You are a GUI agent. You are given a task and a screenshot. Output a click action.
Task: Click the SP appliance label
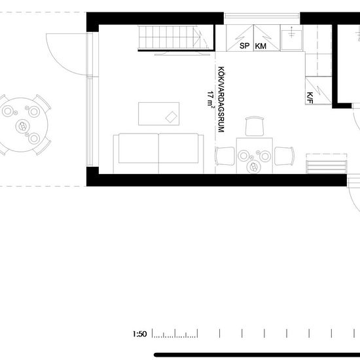(x=245, y=46)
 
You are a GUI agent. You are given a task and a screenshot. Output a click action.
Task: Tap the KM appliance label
(x=261, y=46)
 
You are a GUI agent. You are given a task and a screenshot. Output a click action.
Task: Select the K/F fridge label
(x=310, y=98)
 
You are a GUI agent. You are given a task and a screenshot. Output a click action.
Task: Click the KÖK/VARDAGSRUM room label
(x=221, y=99)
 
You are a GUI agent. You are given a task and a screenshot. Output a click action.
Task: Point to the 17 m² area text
(x=210, y=99)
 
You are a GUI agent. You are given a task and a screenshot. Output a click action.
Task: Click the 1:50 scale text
(x=139, y=334)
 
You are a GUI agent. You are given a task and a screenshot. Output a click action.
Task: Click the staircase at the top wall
(x=176, y=38)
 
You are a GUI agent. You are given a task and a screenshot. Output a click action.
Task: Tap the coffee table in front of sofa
(x=158, y=114)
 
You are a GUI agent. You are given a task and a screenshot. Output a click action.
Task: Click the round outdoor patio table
(x=22, y=125)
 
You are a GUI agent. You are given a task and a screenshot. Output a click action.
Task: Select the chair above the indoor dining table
(x=255, y=126)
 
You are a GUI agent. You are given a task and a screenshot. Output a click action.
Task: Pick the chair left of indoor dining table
(x=225, y=156)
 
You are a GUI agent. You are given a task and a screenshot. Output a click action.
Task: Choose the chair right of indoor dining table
(x=284, y=156)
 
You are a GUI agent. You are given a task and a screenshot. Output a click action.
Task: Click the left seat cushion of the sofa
(x=139, y=149)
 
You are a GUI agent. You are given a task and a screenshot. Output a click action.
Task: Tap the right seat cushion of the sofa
(x=179, y=149)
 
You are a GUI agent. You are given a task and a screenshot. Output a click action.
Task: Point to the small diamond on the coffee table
(x=171, y=117)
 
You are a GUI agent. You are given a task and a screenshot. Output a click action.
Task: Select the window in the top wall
(x=262, y=16)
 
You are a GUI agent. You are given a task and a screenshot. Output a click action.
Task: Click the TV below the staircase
(x=182, y=54)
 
